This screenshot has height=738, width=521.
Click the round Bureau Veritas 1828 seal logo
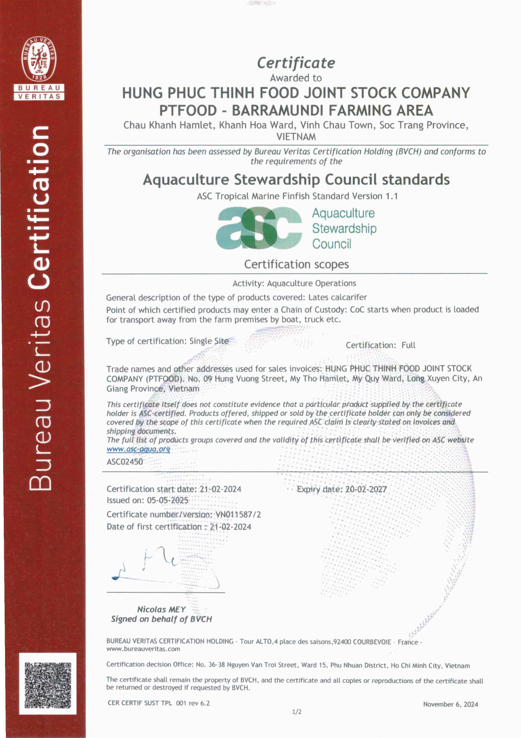click(39, 58)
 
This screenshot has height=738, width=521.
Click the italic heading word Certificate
click(296, 63)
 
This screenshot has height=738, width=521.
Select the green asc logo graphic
click(259, 228)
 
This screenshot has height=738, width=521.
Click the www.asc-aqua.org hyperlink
click(138, 449)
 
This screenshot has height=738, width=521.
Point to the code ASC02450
click(124, 462)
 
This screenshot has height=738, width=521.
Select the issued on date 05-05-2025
click(167, 500)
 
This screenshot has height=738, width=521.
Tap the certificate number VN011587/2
click(238, 515)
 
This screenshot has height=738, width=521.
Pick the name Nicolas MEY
click(161, 609)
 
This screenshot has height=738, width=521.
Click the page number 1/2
click(296, 712)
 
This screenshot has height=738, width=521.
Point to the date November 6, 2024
click(450, 704)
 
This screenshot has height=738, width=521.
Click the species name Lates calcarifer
click(338, 297)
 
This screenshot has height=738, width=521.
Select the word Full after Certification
click(408, 345)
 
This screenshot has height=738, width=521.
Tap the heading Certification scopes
click(296, 264)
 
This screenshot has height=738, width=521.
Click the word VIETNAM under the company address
click(296, 137)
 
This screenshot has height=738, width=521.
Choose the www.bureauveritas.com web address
click(143, 649)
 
